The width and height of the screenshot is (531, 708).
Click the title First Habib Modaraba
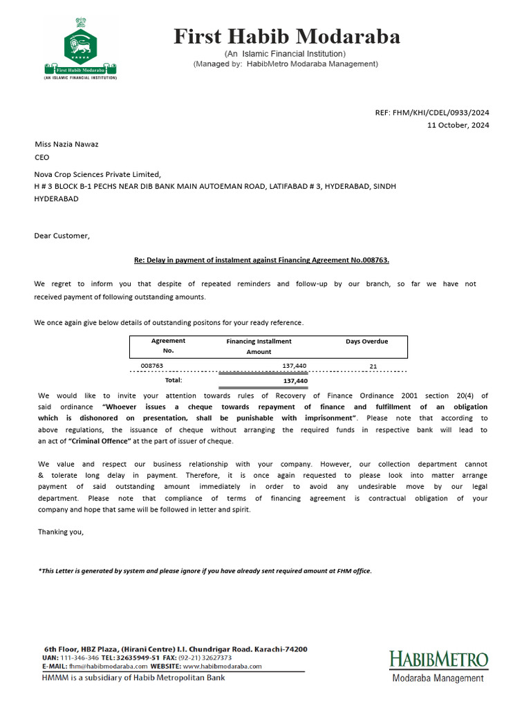tap(286, 36)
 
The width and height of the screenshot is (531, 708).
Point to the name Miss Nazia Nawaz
tap(67, 144)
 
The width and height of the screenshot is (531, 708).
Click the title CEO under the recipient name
tap(42, 157)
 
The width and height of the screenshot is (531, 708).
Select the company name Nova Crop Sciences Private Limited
tap(97, 174)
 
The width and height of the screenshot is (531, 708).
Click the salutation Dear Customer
tap(62, 236)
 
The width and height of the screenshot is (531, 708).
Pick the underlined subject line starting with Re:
tap(261, 260)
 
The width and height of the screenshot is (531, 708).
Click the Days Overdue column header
tap(366, 342)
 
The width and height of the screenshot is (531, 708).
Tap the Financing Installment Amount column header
tap(259, 346)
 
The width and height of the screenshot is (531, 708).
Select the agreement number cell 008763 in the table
tap(151, 366)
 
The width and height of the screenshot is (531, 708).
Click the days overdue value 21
tap(373, 366)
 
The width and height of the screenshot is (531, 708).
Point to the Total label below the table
tap(173, 380)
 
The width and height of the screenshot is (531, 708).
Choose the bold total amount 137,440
tap(295, 380)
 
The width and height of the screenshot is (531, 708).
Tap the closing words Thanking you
tap(61, 532)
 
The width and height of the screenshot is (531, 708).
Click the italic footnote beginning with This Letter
tap(205, 570)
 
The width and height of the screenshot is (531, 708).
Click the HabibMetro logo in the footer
tap(438, 664)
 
